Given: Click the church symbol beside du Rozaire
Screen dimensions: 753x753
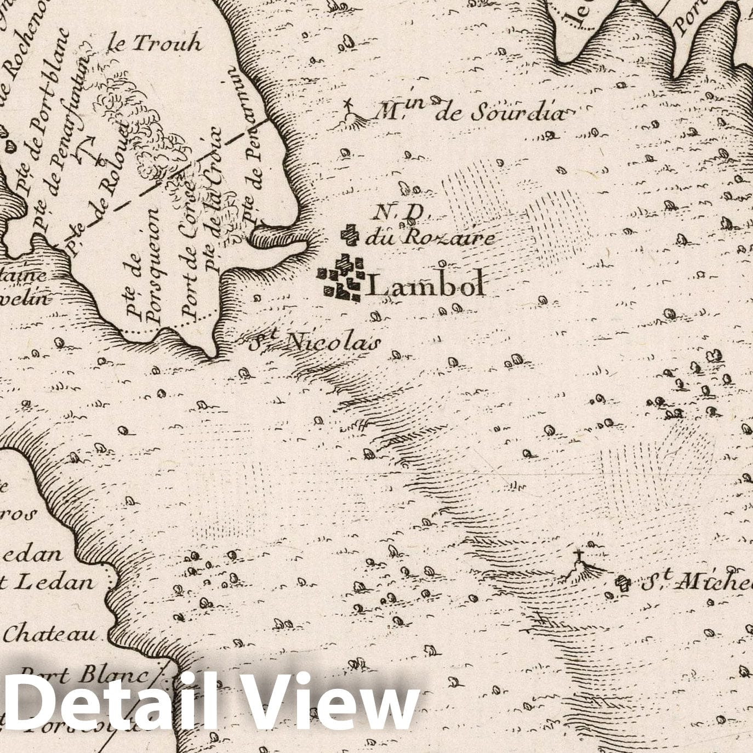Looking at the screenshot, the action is click(350, 235).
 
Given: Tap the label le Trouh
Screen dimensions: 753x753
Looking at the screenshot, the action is click(155, 43).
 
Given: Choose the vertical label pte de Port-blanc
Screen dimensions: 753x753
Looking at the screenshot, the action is click(44, 107).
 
